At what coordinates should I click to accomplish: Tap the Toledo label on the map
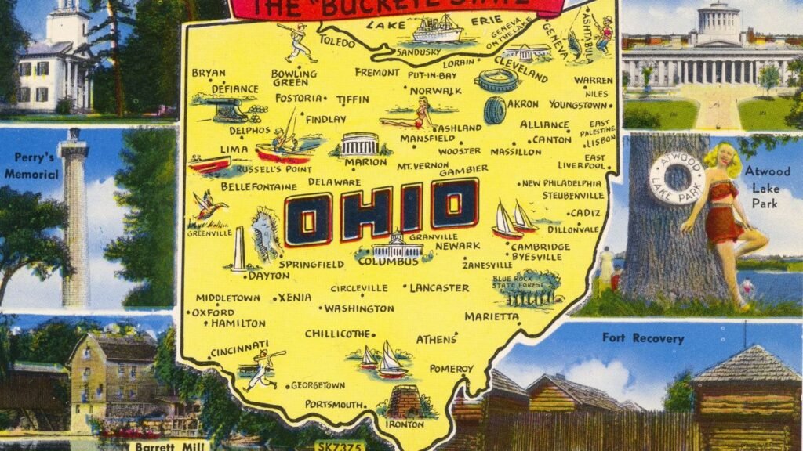336,44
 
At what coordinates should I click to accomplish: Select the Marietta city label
492,316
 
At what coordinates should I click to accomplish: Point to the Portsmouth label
334,404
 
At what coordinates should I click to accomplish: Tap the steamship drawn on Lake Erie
437,29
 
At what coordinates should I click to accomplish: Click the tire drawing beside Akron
495,110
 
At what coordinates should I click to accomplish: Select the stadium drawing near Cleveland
496,80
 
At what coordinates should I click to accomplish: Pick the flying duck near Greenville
209,207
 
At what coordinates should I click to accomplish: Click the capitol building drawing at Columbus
396,245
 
